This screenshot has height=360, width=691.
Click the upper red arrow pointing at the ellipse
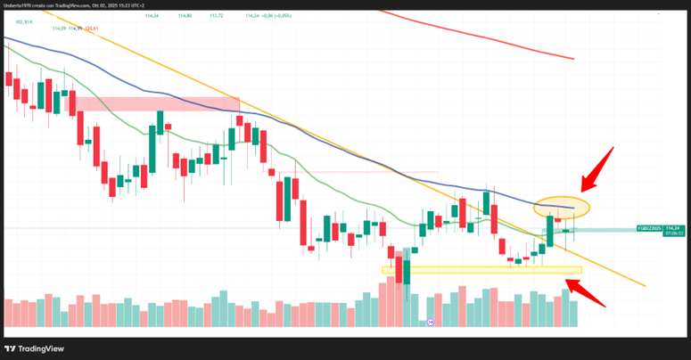coord(597,168)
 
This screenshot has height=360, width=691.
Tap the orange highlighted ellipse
coord(563,207)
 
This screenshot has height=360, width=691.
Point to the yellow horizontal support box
coord(481,269)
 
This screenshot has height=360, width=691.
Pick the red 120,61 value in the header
coord(90,29)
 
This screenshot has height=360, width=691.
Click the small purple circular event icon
coord(431,322)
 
